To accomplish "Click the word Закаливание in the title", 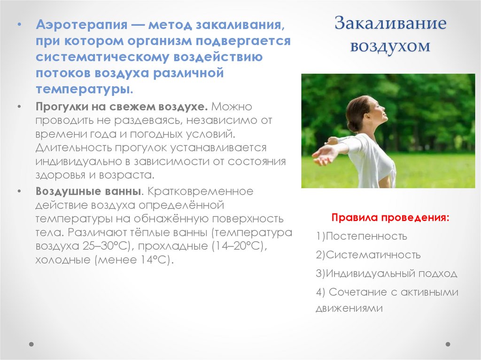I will (390, 24).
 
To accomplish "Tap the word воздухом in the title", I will (390, 46).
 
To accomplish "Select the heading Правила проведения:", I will (390, 218).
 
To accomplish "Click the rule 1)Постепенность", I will (362, 236).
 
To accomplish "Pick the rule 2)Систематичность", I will (368, 255).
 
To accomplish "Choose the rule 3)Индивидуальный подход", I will (386, 274).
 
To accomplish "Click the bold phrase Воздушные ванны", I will (89, 191).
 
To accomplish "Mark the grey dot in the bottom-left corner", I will (31, 344).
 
